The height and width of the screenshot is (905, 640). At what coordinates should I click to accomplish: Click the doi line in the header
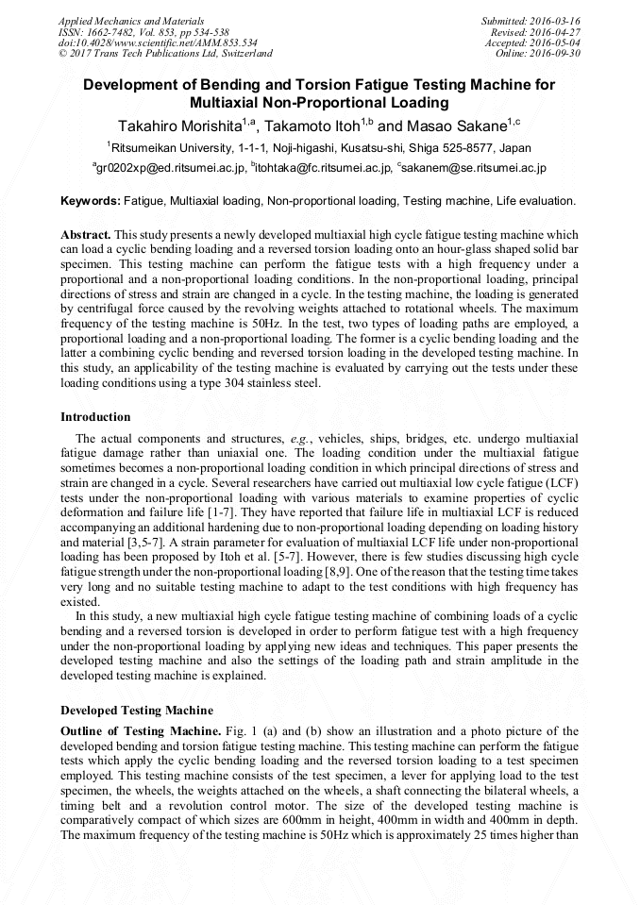click(x=158, y=42)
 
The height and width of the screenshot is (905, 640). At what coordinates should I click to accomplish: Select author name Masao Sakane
click(x=459, y=126)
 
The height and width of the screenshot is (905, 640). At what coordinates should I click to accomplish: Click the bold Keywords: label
click(x=91, y=201)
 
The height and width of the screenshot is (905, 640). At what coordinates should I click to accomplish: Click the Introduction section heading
click(x=95, y=416)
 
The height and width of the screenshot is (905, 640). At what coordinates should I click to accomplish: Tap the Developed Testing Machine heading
click(x=137, y=711)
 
